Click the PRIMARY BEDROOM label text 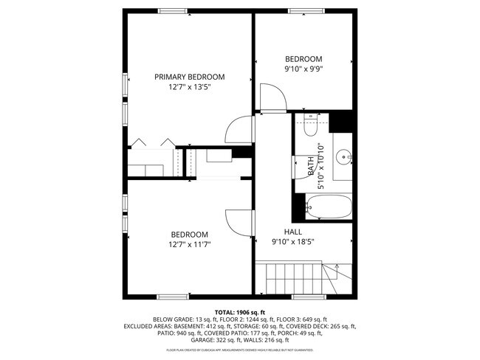(x=189, y=77)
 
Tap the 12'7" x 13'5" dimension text (x=189, y=87)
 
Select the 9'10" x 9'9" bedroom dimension (x=304, y=69)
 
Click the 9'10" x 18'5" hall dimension (x=292, y=241)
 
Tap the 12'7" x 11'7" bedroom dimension (x=189, y=244)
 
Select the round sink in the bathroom (x=343, y=157)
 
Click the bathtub (x=329, y=208)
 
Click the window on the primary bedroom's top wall (x=172, y=11)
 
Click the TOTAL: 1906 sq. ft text (x=240, y=312)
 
